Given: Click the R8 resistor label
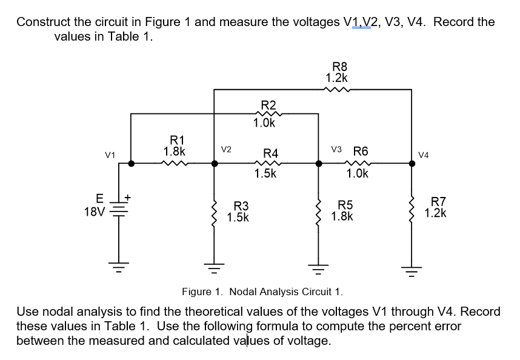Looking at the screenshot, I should click(336, 67).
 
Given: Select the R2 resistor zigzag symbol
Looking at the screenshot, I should click(265, 113).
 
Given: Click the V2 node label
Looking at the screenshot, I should click(225, 148).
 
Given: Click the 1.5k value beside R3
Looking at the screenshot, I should click(238, 217).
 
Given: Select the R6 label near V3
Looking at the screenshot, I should click(360, 150).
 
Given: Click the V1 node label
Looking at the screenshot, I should click(110, 155).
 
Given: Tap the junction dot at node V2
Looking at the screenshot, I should click(213, 163).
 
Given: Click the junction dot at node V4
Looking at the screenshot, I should click(413, 163).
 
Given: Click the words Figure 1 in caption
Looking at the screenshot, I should click(201, 292).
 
